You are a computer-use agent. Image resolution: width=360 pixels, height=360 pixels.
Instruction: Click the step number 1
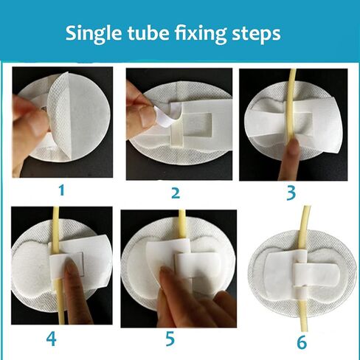click(62, 190)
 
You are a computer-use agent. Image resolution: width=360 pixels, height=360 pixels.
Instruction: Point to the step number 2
click(175, 193)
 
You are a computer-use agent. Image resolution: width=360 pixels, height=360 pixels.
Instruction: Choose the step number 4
click(51, 339)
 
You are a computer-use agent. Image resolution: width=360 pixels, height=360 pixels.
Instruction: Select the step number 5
click(170, 339)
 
